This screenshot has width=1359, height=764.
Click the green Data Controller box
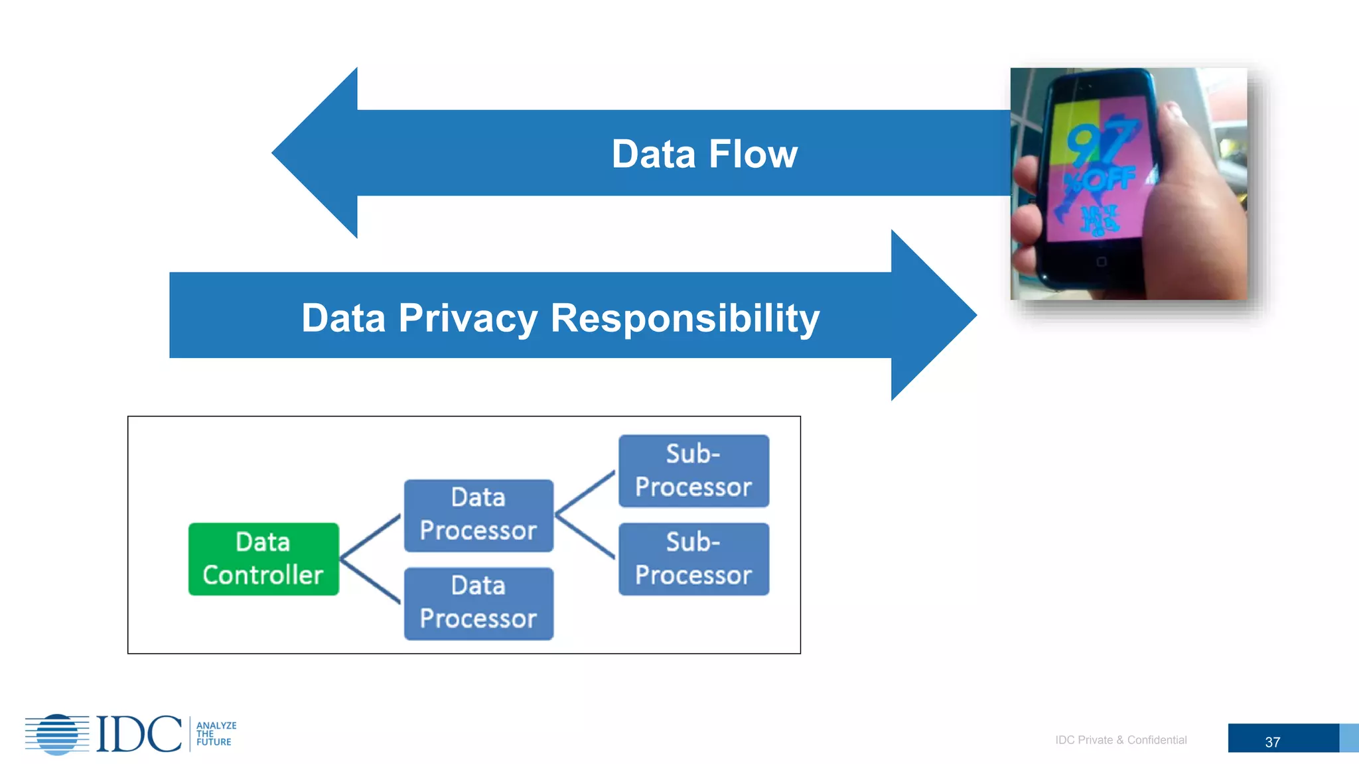[x=263, y=558]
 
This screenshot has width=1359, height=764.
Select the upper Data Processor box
[x=478, y=515]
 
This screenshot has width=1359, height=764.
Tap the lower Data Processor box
[x=478, y=603]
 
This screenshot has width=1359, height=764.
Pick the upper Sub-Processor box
[x=693, y=471]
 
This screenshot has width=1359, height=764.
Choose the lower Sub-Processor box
[x=693, y=558]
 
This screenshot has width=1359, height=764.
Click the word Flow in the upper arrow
[x=752, y=154]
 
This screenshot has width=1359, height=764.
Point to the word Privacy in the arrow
[x=468, y=318]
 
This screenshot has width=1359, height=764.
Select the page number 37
[x=1272, y=742]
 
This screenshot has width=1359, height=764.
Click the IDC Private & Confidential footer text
[x=1121, y=739]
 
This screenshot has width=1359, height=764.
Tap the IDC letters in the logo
[x=139, y=733]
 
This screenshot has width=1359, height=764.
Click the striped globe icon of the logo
[x=58, y=734]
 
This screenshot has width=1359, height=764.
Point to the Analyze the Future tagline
[x=216, y=733]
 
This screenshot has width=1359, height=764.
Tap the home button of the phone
[x=1102, y=262]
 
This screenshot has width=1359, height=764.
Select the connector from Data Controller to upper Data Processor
[x=370, y=537]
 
